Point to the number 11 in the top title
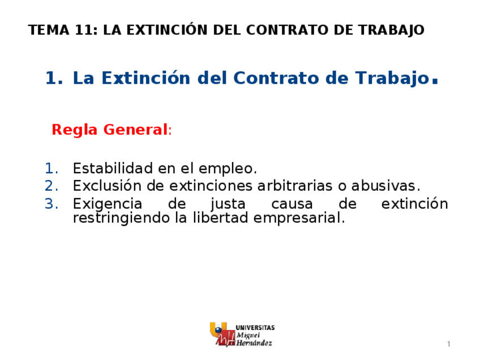click(83, 30)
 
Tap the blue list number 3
click(51, 203)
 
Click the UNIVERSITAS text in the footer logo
click(255, 327)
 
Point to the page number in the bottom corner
click(448, 345)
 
